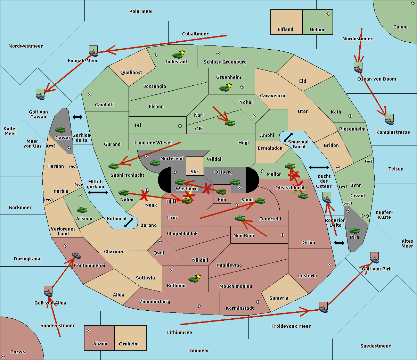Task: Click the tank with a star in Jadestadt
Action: click(178, 55)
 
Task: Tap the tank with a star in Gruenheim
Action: click(224, 88)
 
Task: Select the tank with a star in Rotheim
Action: click(194, 279)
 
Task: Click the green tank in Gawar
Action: click(60, 130)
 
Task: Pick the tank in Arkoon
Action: click(82, 210)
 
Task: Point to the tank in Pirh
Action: click(354, 231)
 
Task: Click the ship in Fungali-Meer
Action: click(93, 51)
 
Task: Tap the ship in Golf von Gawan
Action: click(40, 94)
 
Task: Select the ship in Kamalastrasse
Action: click(389, 120)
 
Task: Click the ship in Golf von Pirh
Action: click(374, 258)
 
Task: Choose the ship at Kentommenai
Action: click(76, 256)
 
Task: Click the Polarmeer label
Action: click(141, 11)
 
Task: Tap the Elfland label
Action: click(285, 30)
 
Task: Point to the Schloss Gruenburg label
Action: click(225, 62)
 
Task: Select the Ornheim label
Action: click(129, 344)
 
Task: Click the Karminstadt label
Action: click(240, 308)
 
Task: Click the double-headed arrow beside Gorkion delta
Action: click(77, 117)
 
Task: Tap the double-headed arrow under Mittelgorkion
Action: click(98, 193)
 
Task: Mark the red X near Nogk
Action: click(144, 196)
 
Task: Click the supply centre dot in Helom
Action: click(327, 14)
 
